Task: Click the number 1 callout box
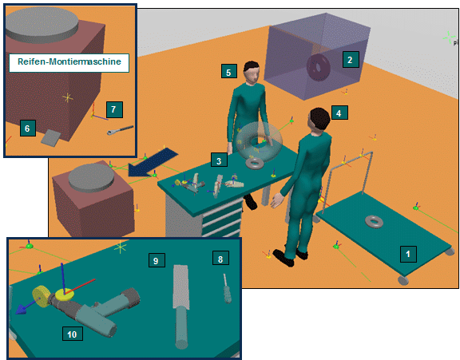coord(408,254)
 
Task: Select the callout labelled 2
coord(351,60)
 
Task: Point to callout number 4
coord(339,113)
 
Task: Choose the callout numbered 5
coord(229,71)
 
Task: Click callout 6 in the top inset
coord(28,128)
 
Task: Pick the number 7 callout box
coord(114,109)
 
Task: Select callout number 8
coord(220,258)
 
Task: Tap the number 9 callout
coord(157,259)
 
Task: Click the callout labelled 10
coord(73,334)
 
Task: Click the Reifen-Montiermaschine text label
coord(69,62)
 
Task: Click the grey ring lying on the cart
coord(374,221)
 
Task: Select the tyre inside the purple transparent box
coord(319,68)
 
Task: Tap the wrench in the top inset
coord(120,130)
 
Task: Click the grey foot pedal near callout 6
coord(51,137)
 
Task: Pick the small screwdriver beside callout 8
coord(227,288)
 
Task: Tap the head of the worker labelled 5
coord(252,72)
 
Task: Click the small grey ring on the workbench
coord(255,164)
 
